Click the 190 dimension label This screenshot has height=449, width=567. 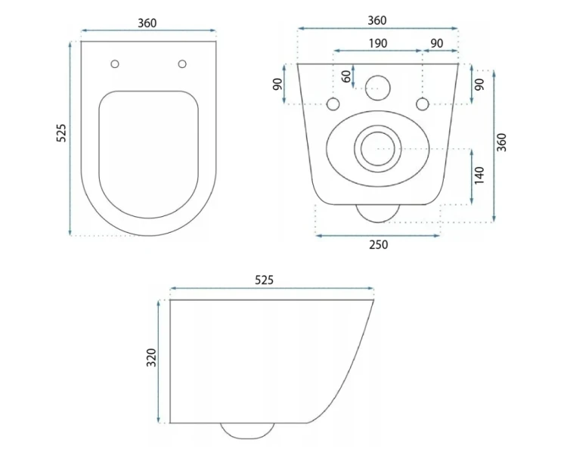(378, 43)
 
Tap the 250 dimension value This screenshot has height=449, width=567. (378, 245)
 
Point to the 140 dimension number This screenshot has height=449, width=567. (479, 175)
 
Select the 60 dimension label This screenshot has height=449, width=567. (346, 76)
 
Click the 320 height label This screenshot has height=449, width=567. (151, 358)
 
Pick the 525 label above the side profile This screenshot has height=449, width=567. (265, 280)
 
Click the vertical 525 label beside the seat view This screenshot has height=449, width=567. (61, 133)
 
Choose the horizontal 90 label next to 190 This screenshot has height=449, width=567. (437, 43)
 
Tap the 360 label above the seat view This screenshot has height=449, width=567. (147, 23)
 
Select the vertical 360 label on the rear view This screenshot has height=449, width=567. (501, 142)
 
